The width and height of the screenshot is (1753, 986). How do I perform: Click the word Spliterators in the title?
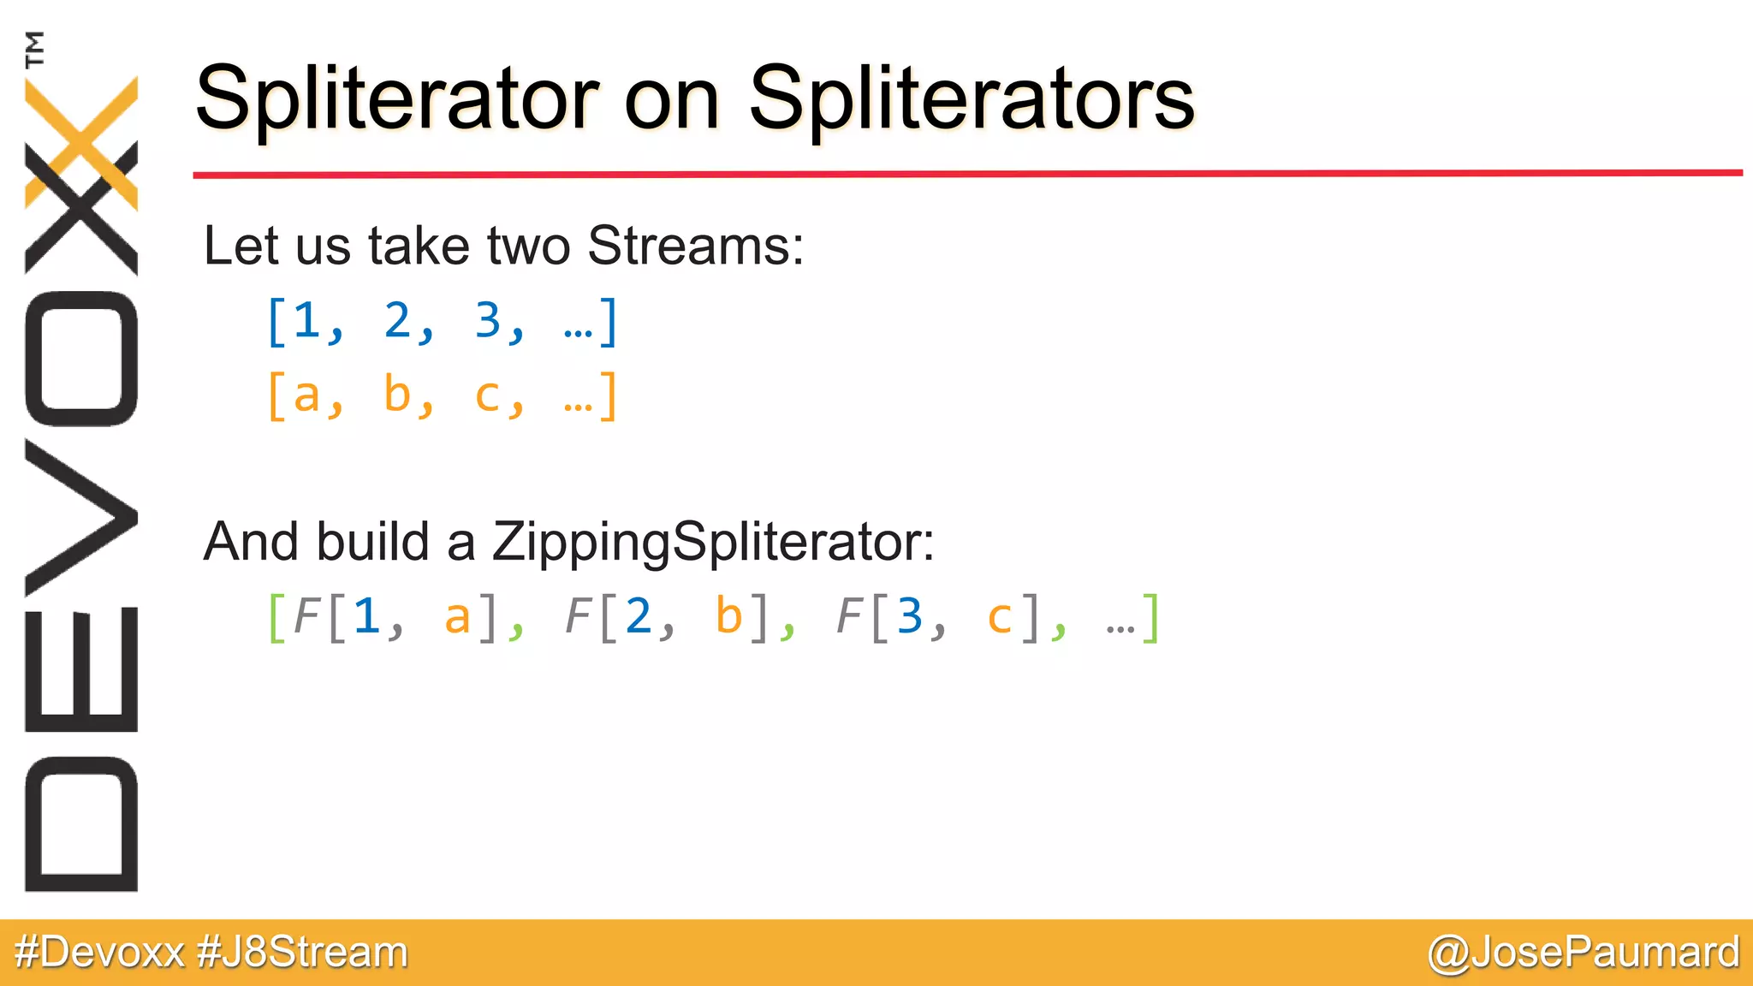click(x=971, y=99)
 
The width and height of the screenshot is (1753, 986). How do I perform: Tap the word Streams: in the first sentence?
click(x=695, y=246)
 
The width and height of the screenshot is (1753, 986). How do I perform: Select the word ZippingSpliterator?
click(x=713, y=542)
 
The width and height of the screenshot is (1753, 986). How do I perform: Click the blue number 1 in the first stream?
click(x=306, y=321)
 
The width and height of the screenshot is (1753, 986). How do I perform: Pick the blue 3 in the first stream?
click(x=488, y=321)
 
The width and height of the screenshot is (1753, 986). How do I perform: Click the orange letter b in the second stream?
click(x=397, y=395)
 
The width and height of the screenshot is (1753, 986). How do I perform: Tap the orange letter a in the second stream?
click(x=306, y=396)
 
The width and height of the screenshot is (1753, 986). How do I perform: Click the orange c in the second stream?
click(x=487, y=396)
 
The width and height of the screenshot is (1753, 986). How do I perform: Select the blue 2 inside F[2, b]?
click(x=639, y=616)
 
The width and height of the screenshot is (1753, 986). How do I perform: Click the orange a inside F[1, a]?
click(x=457, y=617)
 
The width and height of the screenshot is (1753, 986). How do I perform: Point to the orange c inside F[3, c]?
click(x=999, y=617)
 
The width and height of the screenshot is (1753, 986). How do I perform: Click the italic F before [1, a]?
click(x=306, y=616)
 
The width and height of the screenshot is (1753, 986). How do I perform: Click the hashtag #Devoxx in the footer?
click(x=100, y=953)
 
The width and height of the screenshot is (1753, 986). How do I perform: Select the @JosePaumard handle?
click(x=1584, y=953)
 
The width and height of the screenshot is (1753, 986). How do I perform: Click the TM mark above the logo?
click(x=34, y=49)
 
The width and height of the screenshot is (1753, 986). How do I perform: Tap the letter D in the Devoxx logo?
click(x=81, y=824)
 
